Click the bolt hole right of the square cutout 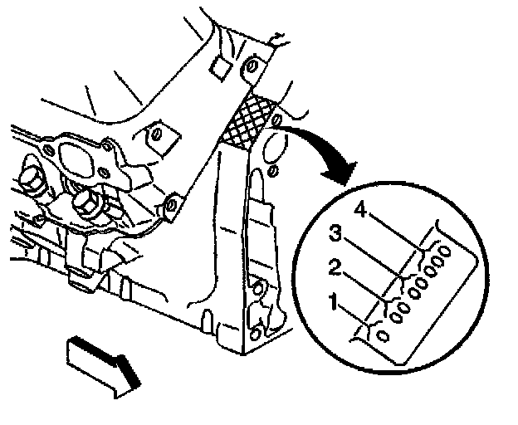point(252,66)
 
